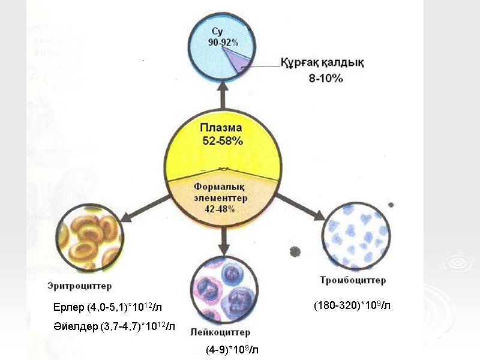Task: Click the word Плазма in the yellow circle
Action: pos(223,127)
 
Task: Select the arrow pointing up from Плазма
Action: pos(224,96)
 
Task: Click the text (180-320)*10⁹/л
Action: pos(352,305)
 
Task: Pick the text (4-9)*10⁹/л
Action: pos(232,349)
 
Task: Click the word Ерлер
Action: pos(69,308)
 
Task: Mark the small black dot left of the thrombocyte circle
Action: pos(295,250)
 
